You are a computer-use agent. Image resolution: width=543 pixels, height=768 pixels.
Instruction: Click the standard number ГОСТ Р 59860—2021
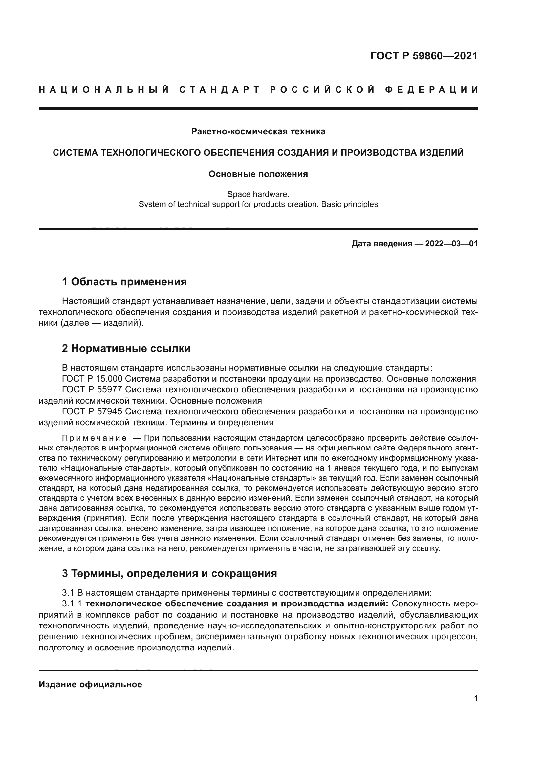tap(424, 55)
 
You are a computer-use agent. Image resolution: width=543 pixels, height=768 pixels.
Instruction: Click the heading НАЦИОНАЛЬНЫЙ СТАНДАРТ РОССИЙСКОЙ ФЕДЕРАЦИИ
tap(258, 90)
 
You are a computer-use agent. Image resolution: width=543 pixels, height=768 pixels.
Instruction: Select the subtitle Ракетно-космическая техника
tap(258, 131)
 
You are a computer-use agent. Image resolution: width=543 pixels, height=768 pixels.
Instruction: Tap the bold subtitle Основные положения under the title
tap(258, 174)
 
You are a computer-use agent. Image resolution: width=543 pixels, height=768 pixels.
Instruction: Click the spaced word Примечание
tap(94, 438)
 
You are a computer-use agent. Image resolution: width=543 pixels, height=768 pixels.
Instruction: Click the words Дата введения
tap(381, 244)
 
